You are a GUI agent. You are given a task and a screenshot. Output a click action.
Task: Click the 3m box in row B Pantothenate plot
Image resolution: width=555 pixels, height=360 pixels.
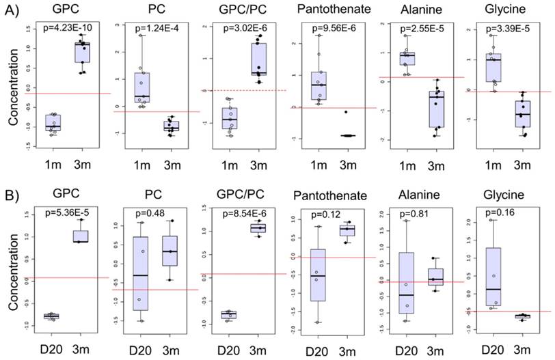coord(349,230)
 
